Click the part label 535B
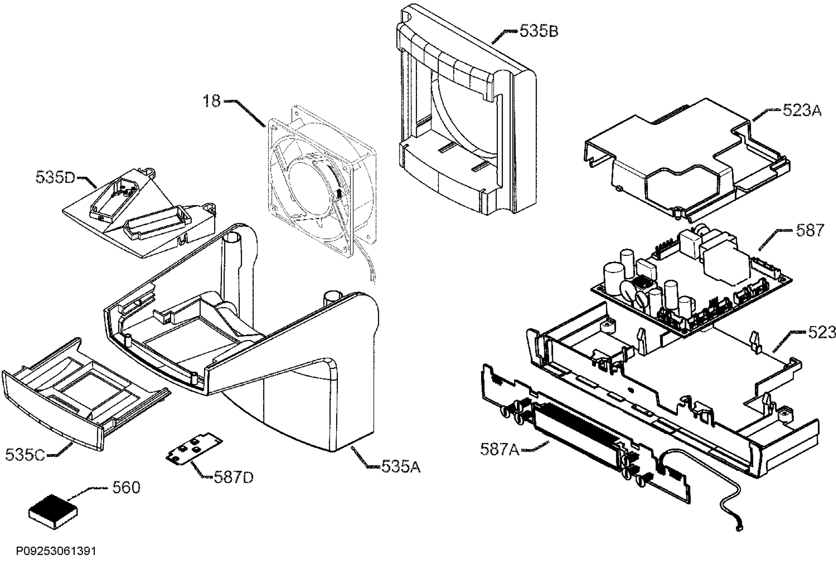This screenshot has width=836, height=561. coord(539,31)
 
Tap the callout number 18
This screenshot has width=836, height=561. coord(212,101)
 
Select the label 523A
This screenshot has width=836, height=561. coord(802,111)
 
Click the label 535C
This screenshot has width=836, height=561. coord(25,455)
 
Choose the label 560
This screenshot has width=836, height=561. coord(126,488)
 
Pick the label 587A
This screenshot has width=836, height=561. coord(500,449)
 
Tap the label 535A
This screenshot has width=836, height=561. coord(401,467)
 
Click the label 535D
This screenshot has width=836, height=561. coord(55,177)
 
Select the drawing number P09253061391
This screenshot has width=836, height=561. coord(56,551)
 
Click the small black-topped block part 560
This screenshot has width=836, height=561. coord(53,512)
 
